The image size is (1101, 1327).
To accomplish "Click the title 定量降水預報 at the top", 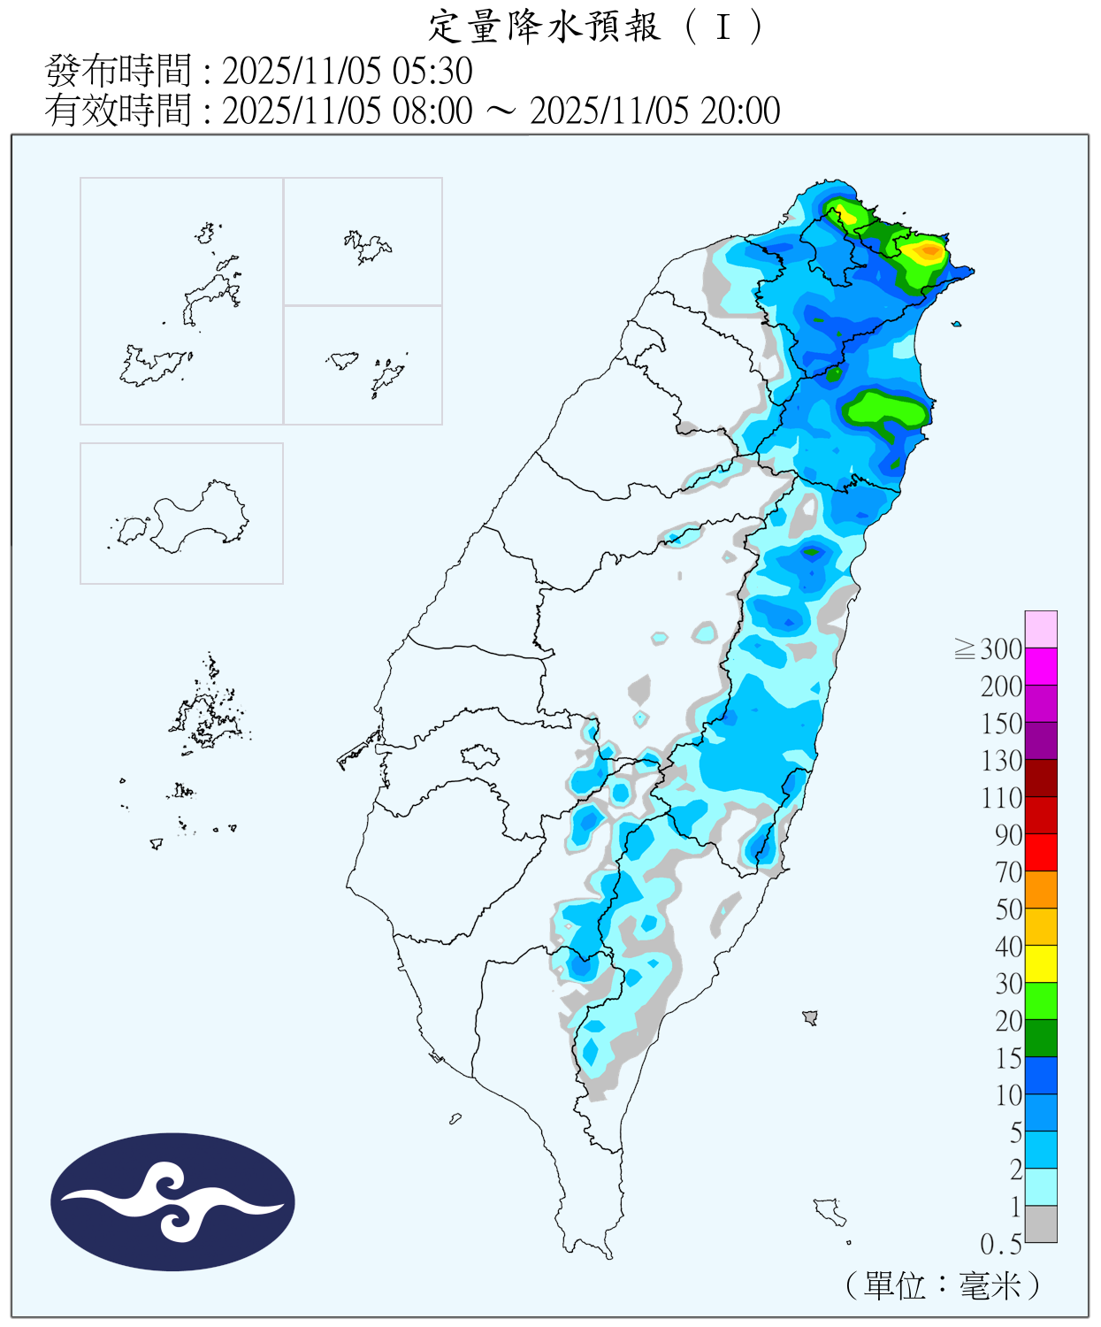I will (x=545, y=27).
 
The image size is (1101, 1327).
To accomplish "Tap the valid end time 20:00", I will (x=740, y=111).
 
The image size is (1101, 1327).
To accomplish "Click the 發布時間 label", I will (x=118, y=71).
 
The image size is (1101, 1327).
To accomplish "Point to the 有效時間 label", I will (x=118, y=111).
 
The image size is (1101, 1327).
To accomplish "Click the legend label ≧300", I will (x=989, y=649).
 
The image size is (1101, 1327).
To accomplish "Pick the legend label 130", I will (x=1001, y=761).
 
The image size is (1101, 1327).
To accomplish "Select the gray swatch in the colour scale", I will (x=1041, y=1223).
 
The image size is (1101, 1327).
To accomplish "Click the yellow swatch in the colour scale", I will (x=1041, y=963).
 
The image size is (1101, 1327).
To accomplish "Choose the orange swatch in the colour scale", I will (x=1041, y=889).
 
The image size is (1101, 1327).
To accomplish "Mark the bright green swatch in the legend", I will (x=1041, y=1001).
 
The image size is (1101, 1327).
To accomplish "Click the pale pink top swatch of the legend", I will (x=1041, y=629).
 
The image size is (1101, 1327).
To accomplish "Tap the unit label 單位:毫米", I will (x=943, y=1285).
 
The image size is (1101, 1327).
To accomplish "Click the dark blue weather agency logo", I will (x=172, y=1201).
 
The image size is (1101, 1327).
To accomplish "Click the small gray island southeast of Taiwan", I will (x=810, y=1017).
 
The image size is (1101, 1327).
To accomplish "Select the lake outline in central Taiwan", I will (x=480, y=756).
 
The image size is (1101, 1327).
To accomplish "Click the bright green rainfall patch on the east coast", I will (x=884, y=410).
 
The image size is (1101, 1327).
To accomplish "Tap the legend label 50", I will (x=1008, y=909).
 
